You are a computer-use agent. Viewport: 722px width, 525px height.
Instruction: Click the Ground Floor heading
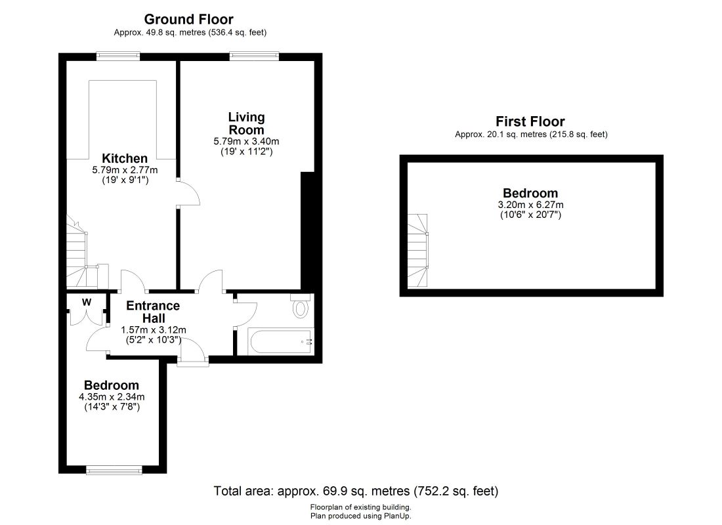(189, 19)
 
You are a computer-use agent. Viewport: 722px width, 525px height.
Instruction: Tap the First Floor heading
(530, 121)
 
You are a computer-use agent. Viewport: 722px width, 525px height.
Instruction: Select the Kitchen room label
(125, 158)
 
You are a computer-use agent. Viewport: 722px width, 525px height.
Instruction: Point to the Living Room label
(246, 123)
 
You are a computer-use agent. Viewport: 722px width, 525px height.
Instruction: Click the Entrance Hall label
(154, 312)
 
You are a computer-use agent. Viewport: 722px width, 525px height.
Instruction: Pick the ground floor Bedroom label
(112, 385)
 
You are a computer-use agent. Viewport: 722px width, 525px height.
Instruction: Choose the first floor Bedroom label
(530, 193)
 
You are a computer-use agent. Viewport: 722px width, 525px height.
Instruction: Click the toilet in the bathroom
(301, 306)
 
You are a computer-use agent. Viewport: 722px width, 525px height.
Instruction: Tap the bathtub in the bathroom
(281, 342)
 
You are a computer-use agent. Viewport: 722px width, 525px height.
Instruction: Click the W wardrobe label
(87, 302)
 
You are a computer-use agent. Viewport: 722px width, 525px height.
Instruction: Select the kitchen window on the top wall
(118, 56)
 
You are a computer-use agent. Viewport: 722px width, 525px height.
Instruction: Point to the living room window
(255, 56)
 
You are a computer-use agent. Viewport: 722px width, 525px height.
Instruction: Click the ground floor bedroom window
(114, 470)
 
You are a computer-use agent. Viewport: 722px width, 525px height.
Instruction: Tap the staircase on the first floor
(417, 251)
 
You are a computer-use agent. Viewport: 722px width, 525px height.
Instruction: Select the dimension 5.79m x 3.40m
(246, 141)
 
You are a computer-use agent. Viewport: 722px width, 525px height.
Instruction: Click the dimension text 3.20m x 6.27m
(530, 205)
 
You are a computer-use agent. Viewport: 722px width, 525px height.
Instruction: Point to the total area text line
(356, 492)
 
